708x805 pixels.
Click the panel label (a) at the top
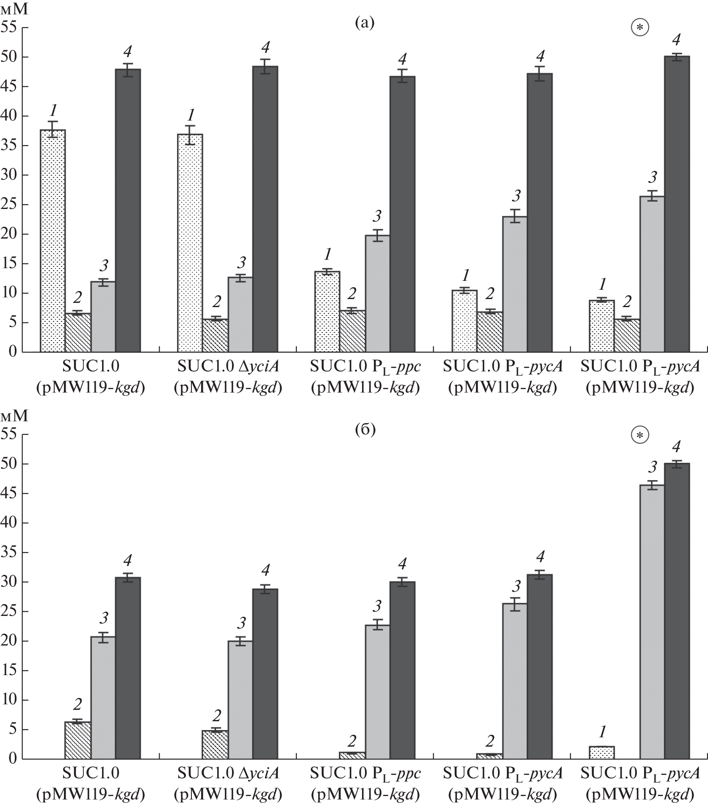tap(365, 23)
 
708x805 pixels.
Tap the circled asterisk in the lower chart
tap(640, 435)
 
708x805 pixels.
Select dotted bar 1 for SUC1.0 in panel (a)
tap(53, 241)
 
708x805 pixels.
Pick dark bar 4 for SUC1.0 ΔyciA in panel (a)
tap(265, 209)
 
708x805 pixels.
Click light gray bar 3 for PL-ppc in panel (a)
tap(377, 294)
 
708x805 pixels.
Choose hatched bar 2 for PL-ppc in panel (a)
tap(352, 331)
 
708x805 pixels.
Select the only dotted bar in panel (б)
tap(602, 753)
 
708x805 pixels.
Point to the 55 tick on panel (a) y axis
tap(13, 27)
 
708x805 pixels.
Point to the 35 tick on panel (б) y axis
tap(13, 552)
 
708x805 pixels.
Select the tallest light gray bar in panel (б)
tap(652, 622)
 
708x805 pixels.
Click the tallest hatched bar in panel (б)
tap(77, 740)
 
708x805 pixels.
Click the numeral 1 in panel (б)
tap(602, 731)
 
